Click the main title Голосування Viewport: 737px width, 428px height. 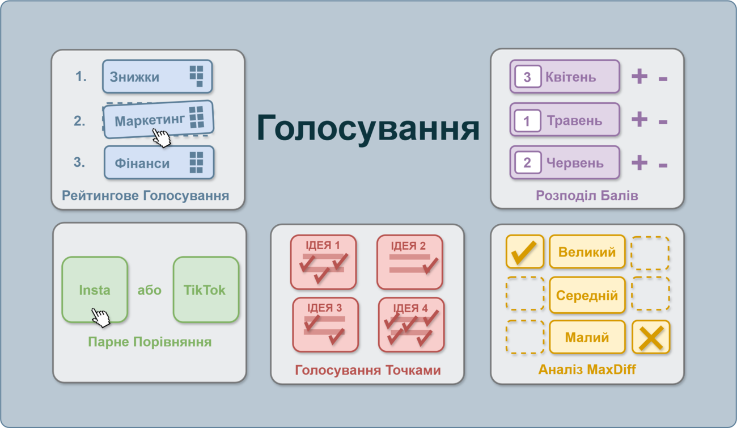[368, 128]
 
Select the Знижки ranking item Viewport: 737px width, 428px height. [157, 77]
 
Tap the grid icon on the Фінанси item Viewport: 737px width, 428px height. [196, 162]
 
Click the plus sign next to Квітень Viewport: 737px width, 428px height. [639, 77]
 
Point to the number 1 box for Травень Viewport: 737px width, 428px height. [527, 120]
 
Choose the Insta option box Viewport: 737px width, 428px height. [95, 289]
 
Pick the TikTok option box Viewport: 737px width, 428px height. [206, 289]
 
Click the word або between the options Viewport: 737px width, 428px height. [149, 290]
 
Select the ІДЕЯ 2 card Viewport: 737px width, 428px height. [410, 262]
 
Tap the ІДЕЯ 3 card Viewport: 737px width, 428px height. [325, 325]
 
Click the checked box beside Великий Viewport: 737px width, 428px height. [525, 251]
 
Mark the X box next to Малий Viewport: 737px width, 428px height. [651, 337]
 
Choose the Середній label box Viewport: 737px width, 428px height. [587, 295]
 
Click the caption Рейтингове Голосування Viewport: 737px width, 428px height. [146, 195]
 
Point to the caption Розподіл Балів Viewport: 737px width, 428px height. [587, 195]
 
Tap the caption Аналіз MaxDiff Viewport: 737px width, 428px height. [587, 370]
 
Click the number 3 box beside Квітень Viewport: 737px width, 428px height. [528, 77]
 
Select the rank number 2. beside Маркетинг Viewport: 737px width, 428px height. [79, 120]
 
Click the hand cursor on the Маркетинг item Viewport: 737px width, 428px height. [162, 138]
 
